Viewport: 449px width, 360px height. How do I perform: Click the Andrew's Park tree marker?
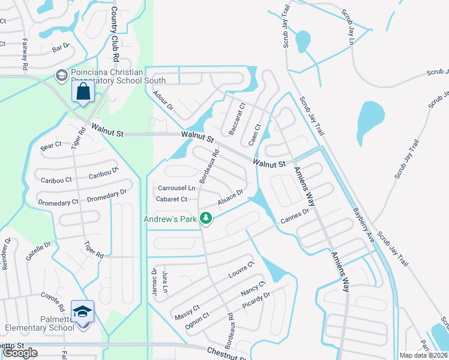pos(206,218)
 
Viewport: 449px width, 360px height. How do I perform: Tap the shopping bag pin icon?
pos(83,92)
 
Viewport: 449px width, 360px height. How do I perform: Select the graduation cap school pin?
pos(82,311)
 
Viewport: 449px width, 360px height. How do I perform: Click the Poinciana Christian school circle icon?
pos(61,75)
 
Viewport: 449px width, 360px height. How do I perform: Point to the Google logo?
pos(20,353)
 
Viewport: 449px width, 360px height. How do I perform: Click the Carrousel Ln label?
pos(176,188)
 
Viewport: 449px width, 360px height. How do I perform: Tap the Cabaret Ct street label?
pos(172,199)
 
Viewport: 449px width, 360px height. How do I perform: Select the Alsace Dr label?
pos(231,199)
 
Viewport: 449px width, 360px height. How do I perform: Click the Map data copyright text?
pos(423,355)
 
